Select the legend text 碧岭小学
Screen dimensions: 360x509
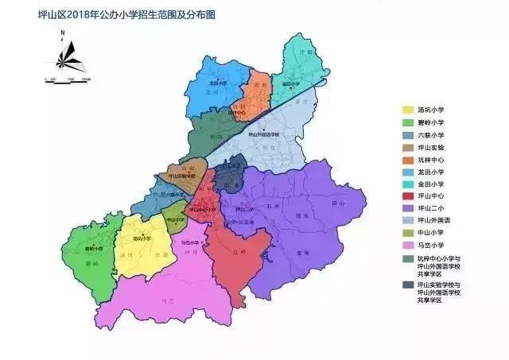430,123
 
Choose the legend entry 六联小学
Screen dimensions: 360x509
430,136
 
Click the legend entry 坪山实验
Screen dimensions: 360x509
430,149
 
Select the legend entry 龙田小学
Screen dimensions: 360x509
430,174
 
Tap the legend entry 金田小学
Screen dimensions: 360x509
430,187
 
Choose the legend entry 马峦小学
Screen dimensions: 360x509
430,245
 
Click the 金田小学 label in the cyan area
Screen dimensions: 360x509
290,83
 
